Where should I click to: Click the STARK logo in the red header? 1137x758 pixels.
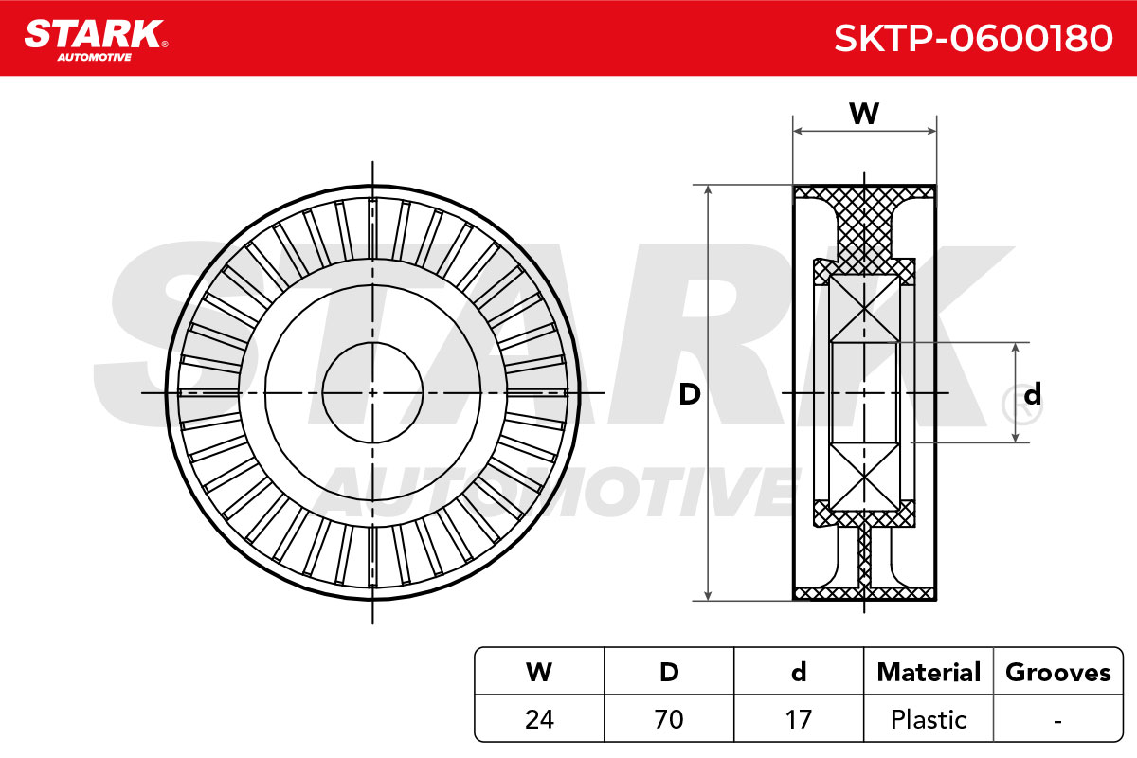click(96, 34)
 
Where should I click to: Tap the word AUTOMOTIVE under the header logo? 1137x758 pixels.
click(95, 57)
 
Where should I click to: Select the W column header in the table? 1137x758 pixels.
click(539, 672)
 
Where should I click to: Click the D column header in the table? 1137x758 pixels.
click(669, 672)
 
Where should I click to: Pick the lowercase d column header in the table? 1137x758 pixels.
click(799, 672)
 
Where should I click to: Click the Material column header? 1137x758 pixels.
click(929, 672)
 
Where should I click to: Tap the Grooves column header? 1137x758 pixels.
click(1058, 672)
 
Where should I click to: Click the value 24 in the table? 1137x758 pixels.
click(539, 719)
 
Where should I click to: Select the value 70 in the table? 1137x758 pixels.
click(669, 719)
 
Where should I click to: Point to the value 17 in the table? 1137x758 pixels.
click(799, 719)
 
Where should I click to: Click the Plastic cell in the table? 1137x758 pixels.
click(929, 720)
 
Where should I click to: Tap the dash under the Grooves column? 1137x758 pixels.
click(1057, 721)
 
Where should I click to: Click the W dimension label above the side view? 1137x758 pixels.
click(864, 114)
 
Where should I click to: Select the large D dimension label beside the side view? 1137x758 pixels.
click(690, 394)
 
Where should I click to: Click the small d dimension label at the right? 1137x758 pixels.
click(1033, 394)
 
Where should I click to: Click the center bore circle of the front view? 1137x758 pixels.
click(372, 343)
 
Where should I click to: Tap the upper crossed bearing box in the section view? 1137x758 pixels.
click(864, 309)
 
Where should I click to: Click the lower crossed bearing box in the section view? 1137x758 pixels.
click(864, 477)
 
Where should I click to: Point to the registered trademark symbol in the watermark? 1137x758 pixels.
click(1021, 406)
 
